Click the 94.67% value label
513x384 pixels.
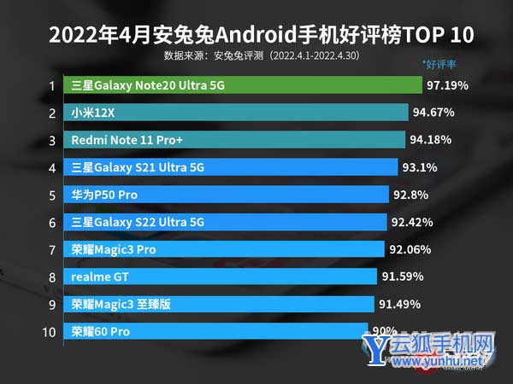coord(433,113)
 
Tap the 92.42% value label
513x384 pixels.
coord(414,222)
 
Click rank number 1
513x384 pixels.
coord(51,85)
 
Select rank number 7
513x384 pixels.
coord(51,249)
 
